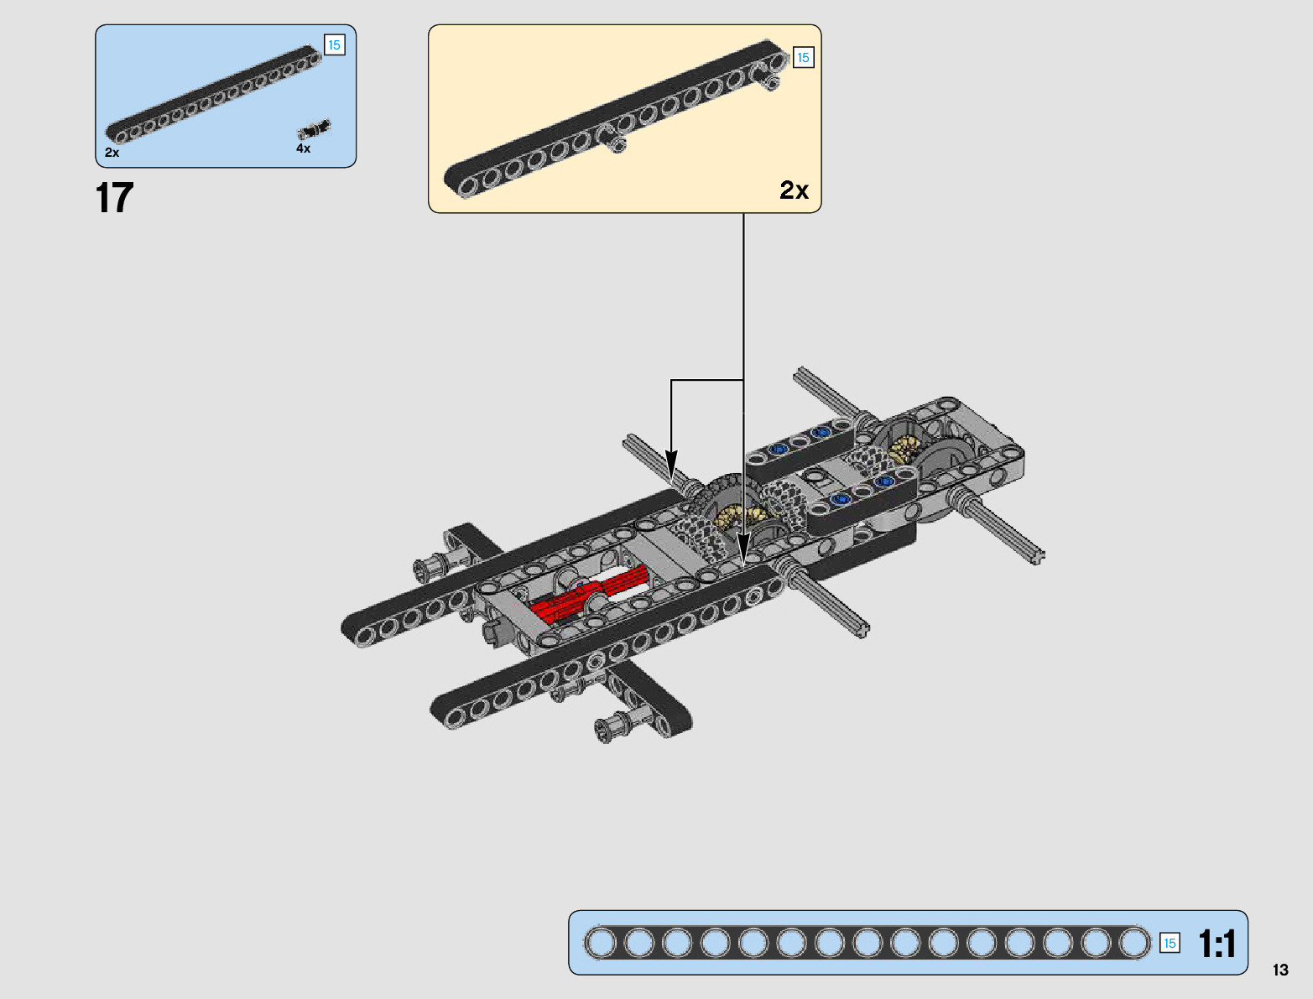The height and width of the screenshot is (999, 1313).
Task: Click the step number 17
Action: click(114, 199)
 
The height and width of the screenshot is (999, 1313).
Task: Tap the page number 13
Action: click(1279, 970)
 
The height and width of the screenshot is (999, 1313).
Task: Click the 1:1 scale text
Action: click(1217, 944)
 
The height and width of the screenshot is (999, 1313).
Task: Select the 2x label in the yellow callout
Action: click(794, 190)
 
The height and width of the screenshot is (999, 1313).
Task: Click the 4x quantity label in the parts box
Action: click(303, 148)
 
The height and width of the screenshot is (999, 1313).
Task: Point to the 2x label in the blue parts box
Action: click(112, 153)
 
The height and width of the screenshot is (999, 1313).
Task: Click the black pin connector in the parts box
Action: click(314, 129)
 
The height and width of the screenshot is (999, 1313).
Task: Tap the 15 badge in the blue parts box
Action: click(334, 45)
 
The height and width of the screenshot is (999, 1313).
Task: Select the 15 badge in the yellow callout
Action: click(803, 58)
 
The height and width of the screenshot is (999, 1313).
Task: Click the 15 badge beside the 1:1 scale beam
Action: click(1170, 943)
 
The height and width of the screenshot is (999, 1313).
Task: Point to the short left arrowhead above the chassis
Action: click(671, 463)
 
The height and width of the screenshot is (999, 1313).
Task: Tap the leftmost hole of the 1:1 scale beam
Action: click(600, 943)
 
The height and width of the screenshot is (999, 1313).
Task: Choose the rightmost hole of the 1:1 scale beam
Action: click(1134, 943)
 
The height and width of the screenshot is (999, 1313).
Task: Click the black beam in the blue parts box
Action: click(214, 98)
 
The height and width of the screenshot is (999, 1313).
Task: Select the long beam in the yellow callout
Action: click(612, 117)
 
